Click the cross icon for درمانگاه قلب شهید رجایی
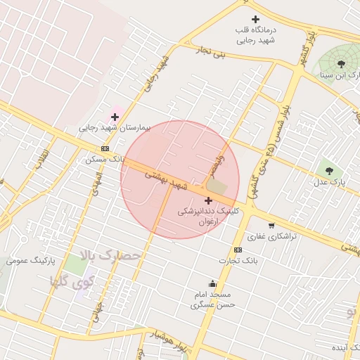(255, 19)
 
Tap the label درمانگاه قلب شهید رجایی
(255, 35)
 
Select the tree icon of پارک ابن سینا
(341, 63)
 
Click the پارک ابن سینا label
(340, 75)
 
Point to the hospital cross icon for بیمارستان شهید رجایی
(115, 117)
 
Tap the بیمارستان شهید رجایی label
(115, 129)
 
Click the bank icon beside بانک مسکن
(105, 148)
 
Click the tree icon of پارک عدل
(328, 171)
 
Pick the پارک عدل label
(329, 182)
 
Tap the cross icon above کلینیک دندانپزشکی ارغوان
(207, 200)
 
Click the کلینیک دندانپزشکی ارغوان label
(207, 216)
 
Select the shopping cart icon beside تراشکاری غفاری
(271, 226)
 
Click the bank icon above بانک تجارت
(238, 250)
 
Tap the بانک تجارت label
(238, 261)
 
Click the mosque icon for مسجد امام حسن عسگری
(212, 284)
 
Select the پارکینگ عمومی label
(30, 261)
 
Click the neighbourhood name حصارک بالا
(112, 255)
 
